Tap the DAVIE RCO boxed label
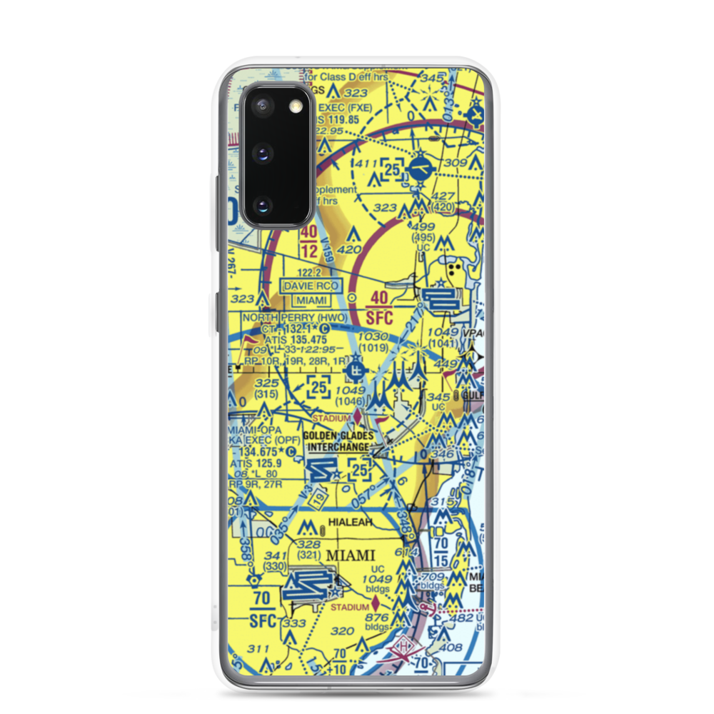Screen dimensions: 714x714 311,286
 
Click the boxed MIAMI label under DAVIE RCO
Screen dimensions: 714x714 311,301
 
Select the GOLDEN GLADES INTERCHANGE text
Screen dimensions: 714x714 338,442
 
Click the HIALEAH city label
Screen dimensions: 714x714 351,523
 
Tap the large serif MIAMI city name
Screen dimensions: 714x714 350,555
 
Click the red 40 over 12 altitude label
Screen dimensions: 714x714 309,243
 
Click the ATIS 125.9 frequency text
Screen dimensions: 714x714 256,462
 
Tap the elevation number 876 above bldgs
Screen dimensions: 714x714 376,618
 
